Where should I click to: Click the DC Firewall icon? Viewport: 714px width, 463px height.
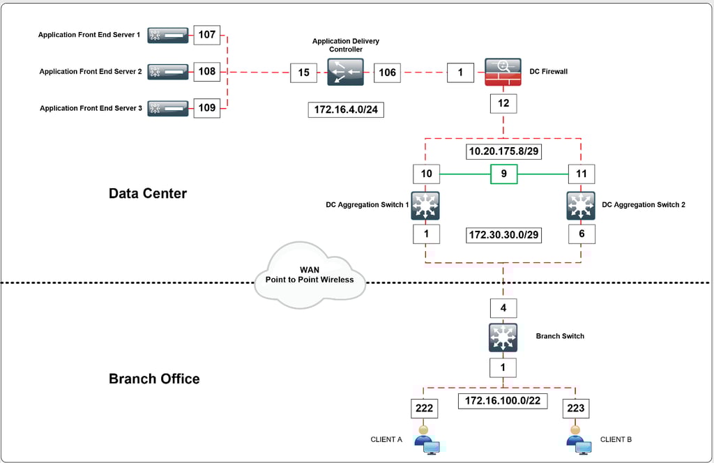(x=503, y=73)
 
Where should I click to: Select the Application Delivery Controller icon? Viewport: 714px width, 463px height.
(x=345, y=72)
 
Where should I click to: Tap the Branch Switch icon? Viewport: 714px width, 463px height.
(x=503, y=337)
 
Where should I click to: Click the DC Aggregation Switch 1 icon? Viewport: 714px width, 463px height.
(x=425, y=206)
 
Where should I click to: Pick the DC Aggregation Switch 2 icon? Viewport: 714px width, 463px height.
(x=581, y=206)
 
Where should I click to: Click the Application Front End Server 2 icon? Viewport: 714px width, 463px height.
(x=168, y=71)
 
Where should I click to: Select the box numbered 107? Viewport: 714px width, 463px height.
(x=207, y=34)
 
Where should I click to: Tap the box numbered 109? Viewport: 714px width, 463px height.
(x=207, y=108)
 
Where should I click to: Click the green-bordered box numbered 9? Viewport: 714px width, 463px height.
(x=503, y=174)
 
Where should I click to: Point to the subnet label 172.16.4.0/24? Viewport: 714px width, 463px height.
(x=346, y=109)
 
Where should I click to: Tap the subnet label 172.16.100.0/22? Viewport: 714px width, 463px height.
(x=502, y=401)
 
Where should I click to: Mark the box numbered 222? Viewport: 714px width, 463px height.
(x=424, y=408)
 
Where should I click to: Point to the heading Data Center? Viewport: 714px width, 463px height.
(x=148, y=193)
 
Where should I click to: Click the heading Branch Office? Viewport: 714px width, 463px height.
(x=154, y=379)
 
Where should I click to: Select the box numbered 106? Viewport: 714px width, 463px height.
(x=387, y=73)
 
